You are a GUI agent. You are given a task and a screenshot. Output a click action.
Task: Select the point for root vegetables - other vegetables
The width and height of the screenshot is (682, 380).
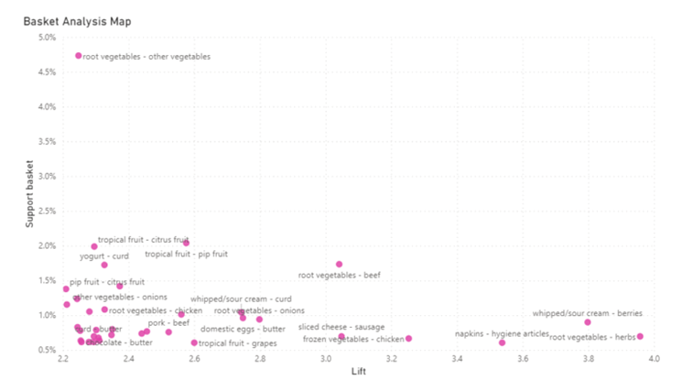(79, 56)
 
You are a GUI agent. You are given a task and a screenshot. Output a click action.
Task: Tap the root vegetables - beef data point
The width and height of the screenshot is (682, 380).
(339, 265)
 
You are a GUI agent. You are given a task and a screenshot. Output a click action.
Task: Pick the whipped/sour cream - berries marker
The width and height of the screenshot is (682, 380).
(588, 322)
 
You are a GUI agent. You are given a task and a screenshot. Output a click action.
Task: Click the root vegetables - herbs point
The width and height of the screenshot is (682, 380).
(640, 336)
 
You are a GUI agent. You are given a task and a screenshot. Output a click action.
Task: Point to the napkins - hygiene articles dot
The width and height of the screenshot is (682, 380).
(502, 342)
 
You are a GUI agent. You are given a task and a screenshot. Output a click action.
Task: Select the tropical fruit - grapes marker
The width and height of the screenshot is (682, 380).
(194, 342)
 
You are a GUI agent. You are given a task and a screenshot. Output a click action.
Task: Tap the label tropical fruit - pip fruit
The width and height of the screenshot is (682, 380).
(186, 254)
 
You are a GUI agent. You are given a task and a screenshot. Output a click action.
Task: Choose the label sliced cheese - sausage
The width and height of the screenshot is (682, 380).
(341, 327)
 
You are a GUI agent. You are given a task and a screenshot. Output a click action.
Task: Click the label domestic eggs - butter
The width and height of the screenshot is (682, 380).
(243, 329)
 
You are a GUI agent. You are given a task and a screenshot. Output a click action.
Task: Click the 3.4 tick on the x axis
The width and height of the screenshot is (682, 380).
(457, 360)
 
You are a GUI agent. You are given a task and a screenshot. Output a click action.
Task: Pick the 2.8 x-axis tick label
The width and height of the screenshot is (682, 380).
(260, 360)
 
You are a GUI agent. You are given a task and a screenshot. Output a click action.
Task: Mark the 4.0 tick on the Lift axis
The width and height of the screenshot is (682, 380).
(653, 360)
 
